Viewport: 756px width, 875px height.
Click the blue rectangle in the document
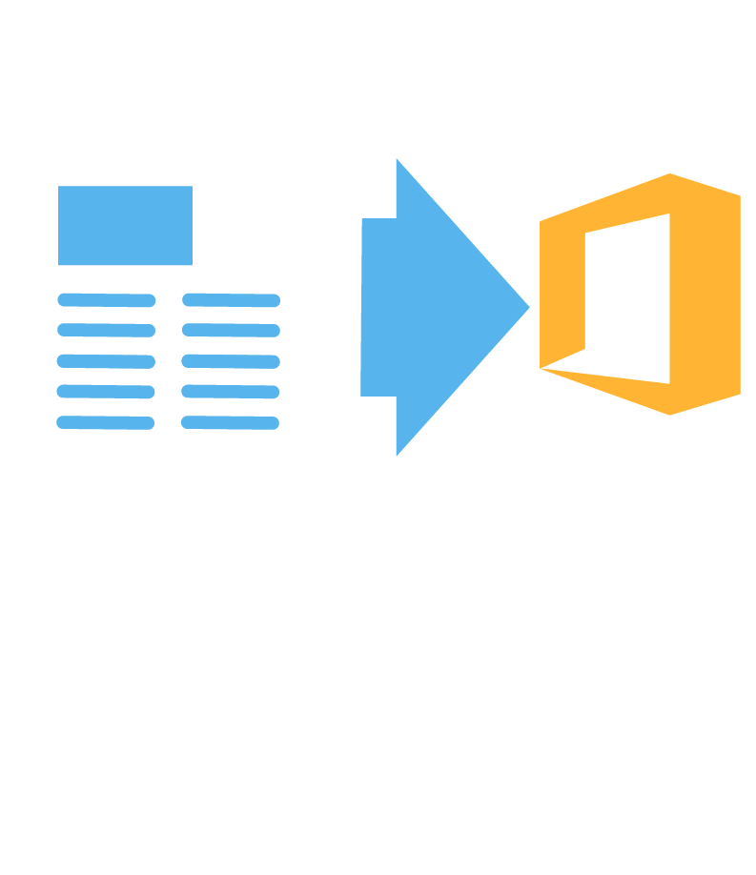coord(125,225)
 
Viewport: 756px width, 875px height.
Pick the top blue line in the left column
coord(106,300)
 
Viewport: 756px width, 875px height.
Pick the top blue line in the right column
coord(231,300)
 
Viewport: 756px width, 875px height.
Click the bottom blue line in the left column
coord(106,422)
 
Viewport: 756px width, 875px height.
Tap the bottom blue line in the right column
coord(231,422)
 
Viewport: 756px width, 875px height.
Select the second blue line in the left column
coord(106,331)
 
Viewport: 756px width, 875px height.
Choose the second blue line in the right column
coord(231,331)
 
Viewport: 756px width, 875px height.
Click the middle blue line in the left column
coord(106,361)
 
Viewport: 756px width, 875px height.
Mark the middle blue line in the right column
coord(231,361)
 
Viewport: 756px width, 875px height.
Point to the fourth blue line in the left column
coord(106,392)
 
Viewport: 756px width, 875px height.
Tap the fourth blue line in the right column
coord(231,392)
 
